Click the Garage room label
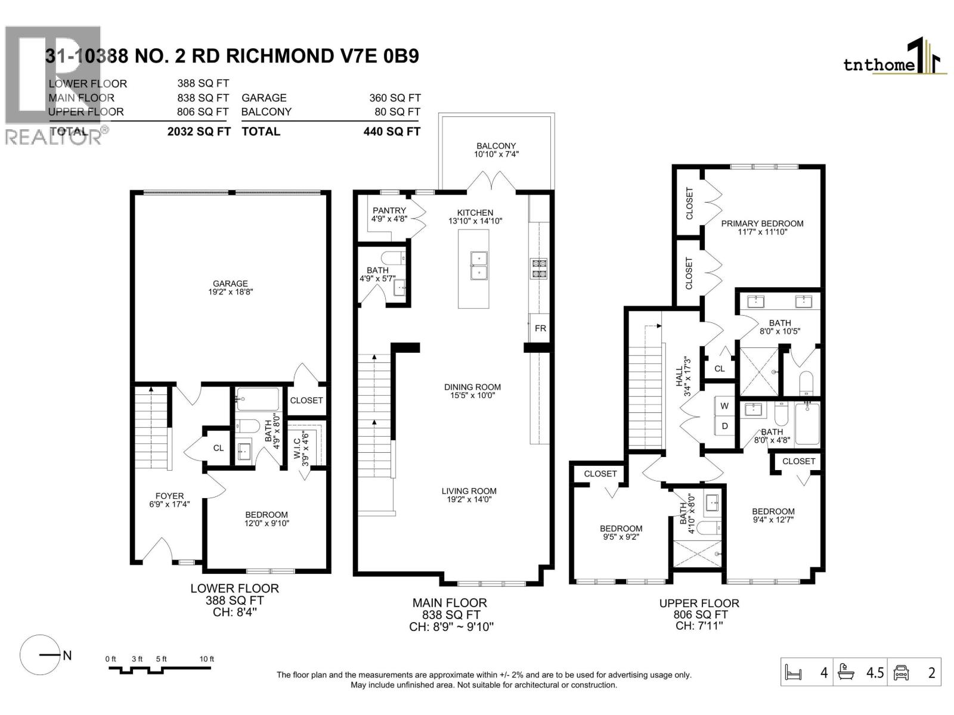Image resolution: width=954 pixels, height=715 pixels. tap(230, 284)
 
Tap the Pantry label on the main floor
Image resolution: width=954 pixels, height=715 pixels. tap(389, 210)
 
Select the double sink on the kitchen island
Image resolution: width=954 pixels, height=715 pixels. tap(479, 265)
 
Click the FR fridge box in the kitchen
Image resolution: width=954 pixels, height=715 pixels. tap(540, 328)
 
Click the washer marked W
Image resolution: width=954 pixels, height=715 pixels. tap(724, 406)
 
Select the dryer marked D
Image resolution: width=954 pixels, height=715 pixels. tap(724, 426)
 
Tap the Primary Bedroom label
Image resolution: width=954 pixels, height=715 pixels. tap(762, 223)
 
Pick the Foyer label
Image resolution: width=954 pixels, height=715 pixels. tap(169, 496)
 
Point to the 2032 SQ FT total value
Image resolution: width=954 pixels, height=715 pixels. tap(199, 132)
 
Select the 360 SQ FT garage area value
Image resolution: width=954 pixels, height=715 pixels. tap(395, 98)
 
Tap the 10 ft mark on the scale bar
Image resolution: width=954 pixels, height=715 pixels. tap(206, 659)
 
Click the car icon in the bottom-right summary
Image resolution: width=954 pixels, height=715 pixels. tap(901, 673)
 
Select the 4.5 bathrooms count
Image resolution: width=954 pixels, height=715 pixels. tap(875, 673)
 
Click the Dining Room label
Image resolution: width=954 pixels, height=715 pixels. tap(472, 387)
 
